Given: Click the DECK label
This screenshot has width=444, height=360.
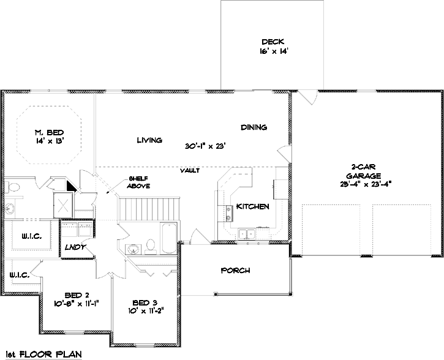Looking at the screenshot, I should [270, 42].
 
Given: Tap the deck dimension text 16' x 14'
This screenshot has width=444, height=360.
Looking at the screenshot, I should [270, 52].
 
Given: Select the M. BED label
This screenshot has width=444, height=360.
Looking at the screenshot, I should [48, 132].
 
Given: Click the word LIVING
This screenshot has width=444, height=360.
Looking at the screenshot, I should [149, 140].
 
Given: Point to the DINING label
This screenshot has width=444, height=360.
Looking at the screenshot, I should [254, 127].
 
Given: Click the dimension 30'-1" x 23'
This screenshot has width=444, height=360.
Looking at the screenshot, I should [206, 146].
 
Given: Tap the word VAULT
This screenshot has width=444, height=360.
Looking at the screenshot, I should [190, 170].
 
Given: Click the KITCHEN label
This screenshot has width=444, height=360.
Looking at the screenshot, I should [252, 207].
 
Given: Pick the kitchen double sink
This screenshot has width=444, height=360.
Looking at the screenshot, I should [247, 233].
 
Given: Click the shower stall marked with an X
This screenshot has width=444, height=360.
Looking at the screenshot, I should [64, 204].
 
